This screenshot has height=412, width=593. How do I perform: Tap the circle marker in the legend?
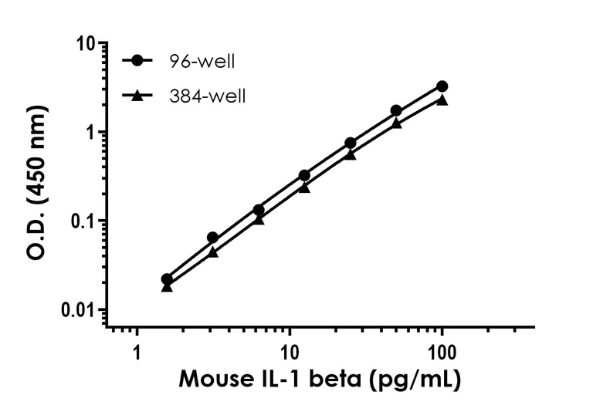[137, 61]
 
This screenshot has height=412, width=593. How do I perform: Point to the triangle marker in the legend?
[137, 96]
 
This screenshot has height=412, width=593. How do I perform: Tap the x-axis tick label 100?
[442, 353]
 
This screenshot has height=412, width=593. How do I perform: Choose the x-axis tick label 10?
[290, 353]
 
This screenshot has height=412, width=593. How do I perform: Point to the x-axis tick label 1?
[137, 353]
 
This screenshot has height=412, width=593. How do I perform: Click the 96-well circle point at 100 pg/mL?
[442, 86]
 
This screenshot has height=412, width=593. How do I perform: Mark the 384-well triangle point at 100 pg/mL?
[442, 100]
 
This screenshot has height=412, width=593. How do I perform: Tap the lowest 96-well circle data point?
[167, 279]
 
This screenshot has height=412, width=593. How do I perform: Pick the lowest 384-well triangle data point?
[167, 287]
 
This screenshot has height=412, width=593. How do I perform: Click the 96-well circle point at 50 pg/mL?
[396, 111]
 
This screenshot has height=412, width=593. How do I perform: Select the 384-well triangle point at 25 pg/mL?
[351, 154]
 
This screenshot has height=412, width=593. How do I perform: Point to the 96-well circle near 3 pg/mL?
[213, 238]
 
